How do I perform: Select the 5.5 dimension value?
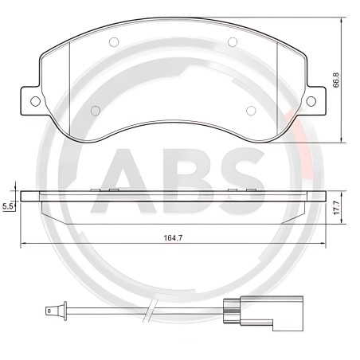coord(8,205)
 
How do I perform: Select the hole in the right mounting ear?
coord(311,100)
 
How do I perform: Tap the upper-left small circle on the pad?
coord(112,41)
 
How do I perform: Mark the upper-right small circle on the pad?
coord(232,41)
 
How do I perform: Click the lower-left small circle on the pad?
coord(96,110)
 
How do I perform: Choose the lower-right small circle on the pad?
coord(249,110)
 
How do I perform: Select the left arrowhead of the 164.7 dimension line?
coord(23,243)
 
